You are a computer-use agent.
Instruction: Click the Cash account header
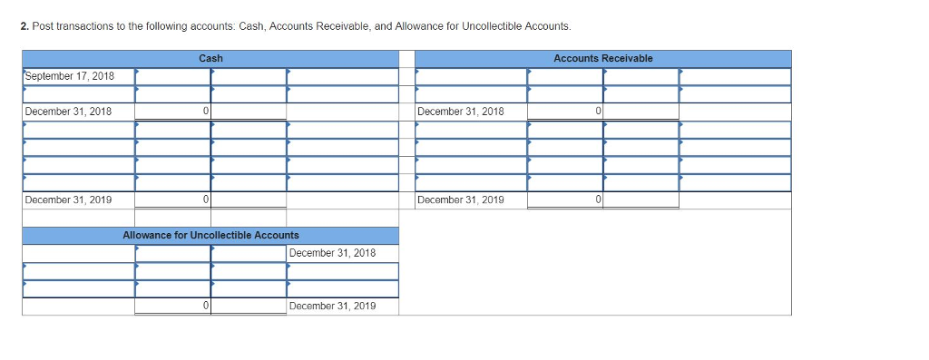tap(210, 59)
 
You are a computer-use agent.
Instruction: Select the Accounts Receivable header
tap(602, 59)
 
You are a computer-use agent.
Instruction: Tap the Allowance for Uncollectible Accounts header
tap(210, 235)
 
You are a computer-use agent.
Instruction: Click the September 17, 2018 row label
tap(70, 76)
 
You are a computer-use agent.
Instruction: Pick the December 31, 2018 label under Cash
tap(69, 112)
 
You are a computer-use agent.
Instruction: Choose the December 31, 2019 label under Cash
tap(69, 199)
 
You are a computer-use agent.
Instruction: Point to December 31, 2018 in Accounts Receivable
tap(461, 112)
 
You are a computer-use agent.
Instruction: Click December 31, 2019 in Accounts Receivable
tap(461, 199)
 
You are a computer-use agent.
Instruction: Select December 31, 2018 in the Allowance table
tap(332, 253)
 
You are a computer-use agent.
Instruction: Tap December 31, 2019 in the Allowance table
tap(332, 306)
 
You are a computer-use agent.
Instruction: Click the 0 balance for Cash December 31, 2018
tap(207, 112)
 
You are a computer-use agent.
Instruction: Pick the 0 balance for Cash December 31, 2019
tap(207, 199)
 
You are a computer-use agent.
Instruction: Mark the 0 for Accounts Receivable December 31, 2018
tap(599, 112)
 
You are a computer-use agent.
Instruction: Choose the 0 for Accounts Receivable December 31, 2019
tap(599, 199)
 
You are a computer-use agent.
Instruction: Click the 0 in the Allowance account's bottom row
tap(207, 306)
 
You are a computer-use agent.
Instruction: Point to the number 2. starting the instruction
tap(24, 26)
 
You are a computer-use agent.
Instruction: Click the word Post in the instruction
tap(42, 26)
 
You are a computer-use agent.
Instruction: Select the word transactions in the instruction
tap(83, 26)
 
